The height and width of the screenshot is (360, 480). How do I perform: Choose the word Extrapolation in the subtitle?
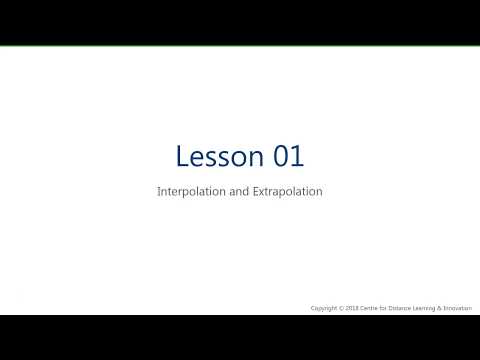(288, 190)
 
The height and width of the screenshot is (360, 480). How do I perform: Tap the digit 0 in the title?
(279, 156)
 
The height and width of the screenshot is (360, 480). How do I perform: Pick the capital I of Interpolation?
(159, 190)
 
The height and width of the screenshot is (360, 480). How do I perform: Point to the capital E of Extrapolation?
(257, 190)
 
